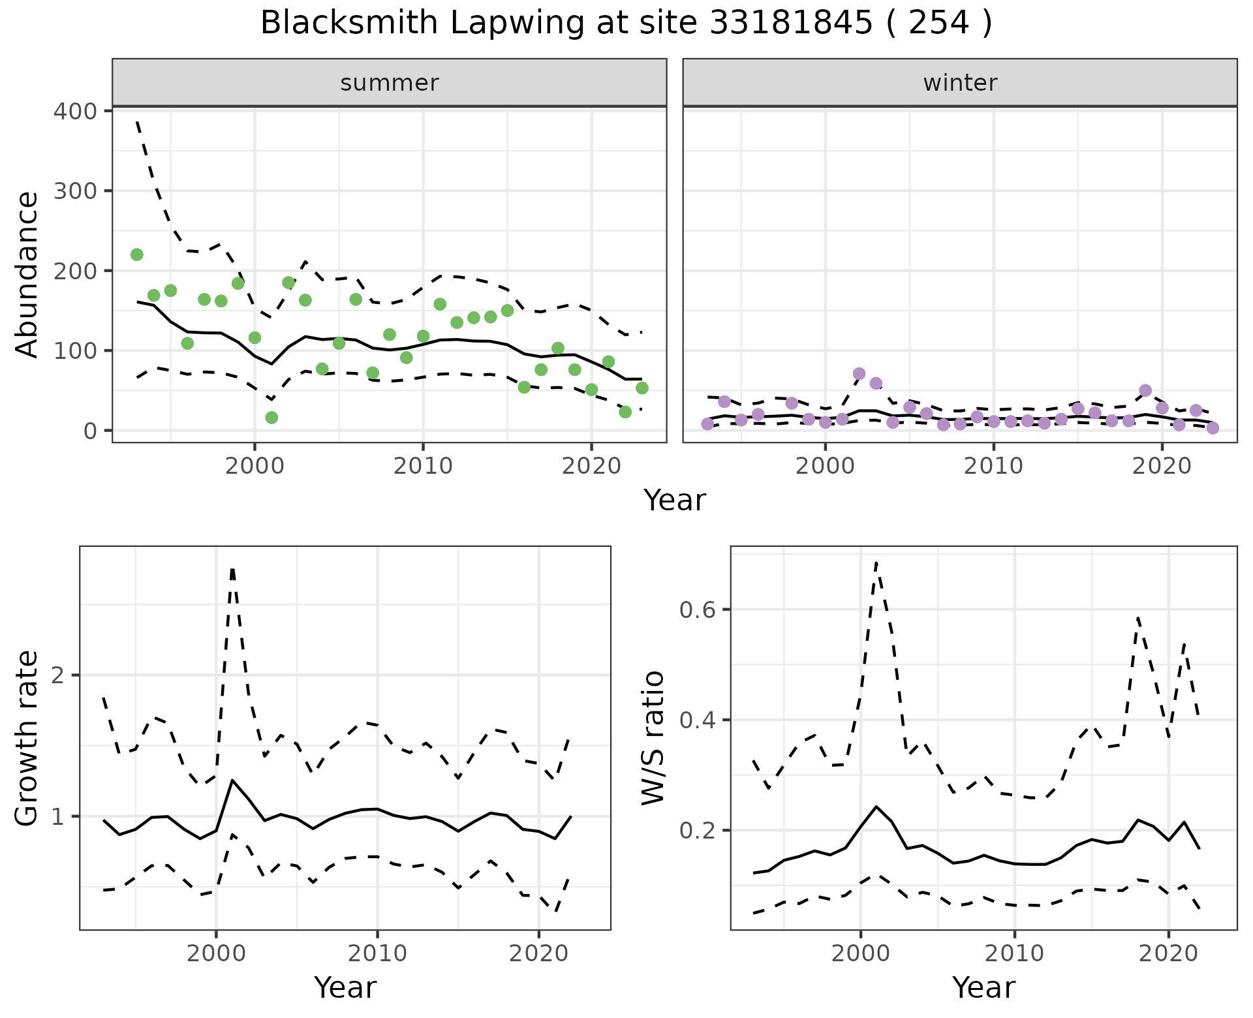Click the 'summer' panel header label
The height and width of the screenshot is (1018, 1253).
coord(390,83)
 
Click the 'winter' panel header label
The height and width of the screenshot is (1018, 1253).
coord(960,83)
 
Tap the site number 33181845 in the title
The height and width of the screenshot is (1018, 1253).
coord(790,23)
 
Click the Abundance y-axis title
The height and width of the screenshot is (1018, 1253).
coord(27,274)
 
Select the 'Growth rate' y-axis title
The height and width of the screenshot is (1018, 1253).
coord(27,738)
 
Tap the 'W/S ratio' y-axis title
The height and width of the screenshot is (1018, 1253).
coord(653,738)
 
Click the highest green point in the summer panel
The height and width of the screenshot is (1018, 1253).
coord(137,254)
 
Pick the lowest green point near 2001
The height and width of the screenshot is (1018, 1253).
coord(271,418)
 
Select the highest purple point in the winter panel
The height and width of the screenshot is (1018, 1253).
coord(859,374)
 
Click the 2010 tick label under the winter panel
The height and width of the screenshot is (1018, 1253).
coord(993,467)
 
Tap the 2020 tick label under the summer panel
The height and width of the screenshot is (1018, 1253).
coord(591,467)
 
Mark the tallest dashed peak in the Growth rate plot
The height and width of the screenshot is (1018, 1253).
coord(232,569)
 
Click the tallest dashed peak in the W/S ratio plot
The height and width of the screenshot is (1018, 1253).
coord(876,563)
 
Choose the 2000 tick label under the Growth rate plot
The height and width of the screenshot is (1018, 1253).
coord(216,953)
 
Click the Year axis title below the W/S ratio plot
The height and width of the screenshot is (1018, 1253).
coord(983,987)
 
